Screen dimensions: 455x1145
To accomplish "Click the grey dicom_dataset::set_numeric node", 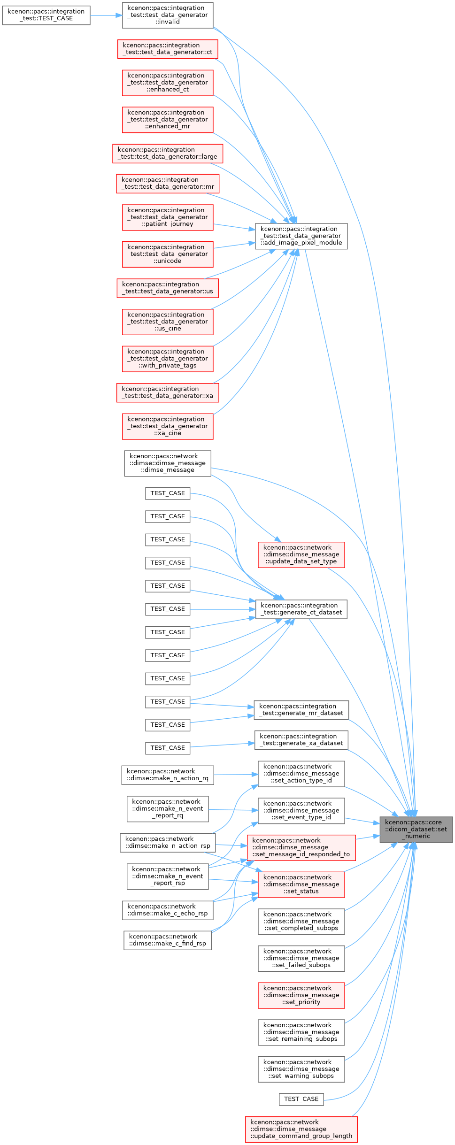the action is (416, 830).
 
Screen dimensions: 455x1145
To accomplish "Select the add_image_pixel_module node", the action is (301, 236).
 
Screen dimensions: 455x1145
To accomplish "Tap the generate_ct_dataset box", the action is (301, 609).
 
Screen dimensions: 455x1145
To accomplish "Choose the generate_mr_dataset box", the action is (301, 710).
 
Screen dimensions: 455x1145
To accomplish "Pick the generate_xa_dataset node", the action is (301, 740).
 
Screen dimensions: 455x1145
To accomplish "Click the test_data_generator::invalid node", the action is (167, 15).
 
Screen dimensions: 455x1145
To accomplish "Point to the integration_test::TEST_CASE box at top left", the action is (46, 15).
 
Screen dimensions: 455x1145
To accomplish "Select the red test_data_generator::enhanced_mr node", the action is (167, 120).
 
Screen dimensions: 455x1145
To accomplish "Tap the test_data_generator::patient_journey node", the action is (167, 217).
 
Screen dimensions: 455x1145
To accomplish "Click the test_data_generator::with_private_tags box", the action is (167, 359).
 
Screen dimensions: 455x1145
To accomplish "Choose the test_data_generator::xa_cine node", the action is (167, 426).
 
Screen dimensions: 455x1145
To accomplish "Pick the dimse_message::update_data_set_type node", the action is (301, 554).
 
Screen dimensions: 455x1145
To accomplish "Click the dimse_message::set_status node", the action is (301, 884).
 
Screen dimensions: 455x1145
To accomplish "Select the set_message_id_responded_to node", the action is (301, 847).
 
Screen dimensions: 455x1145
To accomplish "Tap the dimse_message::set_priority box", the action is (301, 995).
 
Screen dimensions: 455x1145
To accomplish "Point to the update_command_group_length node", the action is (301, 1130).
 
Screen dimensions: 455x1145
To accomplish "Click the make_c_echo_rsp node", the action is (167, 910).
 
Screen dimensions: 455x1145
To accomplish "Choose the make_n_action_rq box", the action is (167, 775).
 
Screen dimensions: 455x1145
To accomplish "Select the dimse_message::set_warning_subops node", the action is (301, 1069).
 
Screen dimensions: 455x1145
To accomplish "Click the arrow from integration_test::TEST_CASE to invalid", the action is (106, 15).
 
